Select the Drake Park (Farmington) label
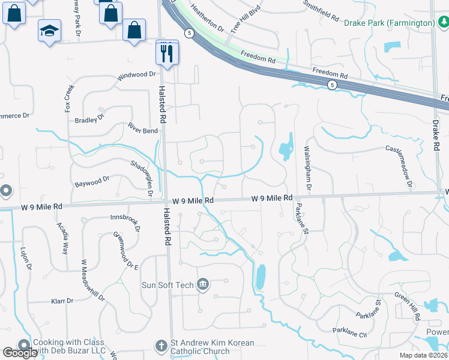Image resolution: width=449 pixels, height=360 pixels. [x=390, y=23]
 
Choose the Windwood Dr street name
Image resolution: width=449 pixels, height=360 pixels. [x=136, y=76]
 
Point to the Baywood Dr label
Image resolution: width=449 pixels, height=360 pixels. [x=92, y=179]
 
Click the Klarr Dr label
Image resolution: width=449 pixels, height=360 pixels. [x=62, y=301]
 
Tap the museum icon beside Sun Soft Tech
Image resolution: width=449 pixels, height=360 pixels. [x=203, y=284]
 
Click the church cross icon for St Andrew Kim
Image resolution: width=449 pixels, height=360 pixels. [x=161, y=346]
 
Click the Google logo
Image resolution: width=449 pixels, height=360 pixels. [x=20, y=353]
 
